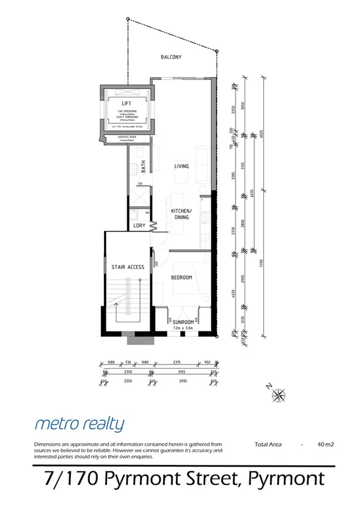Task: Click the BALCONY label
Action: (x=171, y=57)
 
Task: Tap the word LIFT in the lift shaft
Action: (x=126, y=103)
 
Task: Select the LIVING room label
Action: (x=182, y=166)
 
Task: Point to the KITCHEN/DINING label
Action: (x=181, y=214)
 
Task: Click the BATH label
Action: (x=143, y=167)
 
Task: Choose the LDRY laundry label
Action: (x=139, y=226)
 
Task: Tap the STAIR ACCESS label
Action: (x=128, y=267)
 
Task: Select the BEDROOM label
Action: (x=181, y=277)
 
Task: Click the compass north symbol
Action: (x=279, y=395)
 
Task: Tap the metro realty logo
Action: (x=79, y=424)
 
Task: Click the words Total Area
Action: (x=268, y=445)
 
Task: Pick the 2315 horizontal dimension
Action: (x=176, y=363)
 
